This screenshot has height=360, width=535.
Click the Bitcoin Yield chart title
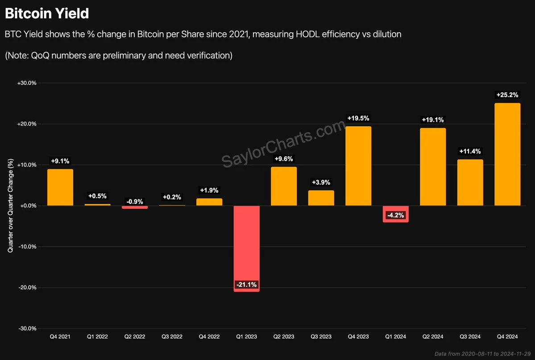point(47,13)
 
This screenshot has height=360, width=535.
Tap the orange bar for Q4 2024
point(507,154)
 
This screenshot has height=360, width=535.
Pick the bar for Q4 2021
point(60,187)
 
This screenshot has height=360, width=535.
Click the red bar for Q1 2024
point(395,214)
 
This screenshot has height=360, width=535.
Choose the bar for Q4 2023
point(358,166)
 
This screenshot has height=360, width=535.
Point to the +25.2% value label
point(507,95)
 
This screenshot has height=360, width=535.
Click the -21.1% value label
point(246,285)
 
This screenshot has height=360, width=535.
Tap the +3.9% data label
point(321,182)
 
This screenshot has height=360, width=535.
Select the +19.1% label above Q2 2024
point(433,120)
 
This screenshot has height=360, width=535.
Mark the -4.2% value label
point(395,215)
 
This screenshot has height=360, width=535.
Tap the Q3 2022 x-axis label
point(172,337)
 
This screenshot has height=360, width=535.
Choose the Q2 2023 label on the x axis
point(284,337)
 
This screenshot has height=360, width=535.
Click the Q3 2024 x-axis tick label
point(470,337)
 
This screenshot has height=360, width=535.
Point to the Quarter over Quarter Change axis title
point(10,205)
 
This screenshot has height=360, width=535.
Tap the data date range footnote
point(482,354)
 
